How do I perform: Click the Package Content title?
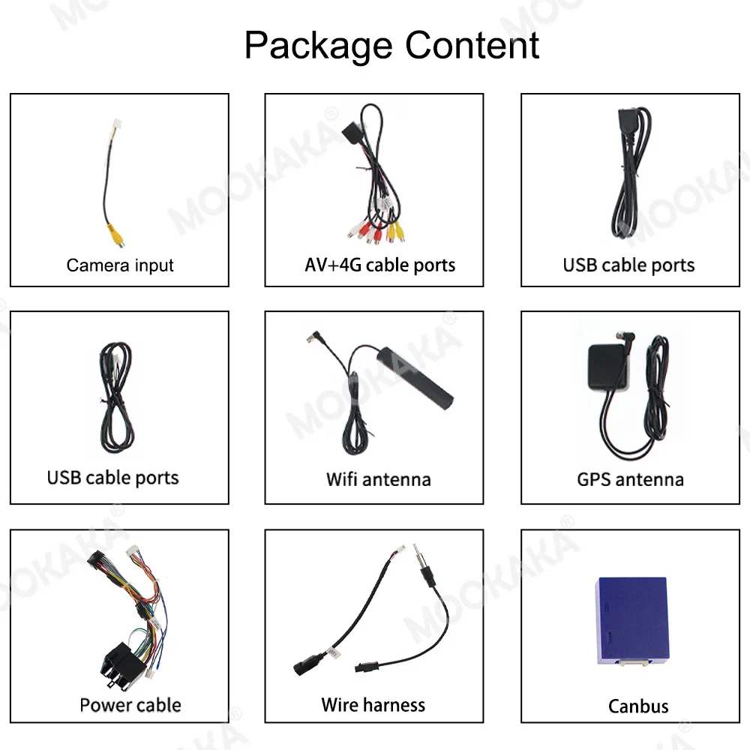pyautogui.click(x=391, y=45)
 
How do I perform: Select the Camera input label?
pyautogui.click(x=120, y=265)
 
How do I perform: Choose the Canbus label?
pyautogui.click(x=638, y=706)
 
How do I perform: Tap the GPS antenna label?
pyautogui.click(x=630, y=478)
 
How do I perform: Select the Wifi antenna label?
pyautogui.click(x=378, y=478)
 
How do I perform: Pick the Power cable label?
pyautogui.click(x=130, y=705)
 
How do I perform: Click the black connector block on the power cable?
pyautogui.click(x=122, y=661)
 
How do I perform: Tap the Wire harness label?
pyautogui.click(x=373, y=705)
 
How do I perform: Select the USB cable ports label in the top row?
pyautogui.click(x=628, y=265)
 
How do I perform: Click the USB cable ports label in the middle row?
pyautogui.click(x=113, y=478)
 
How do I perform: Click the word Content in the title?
pyautogui.click(x=472, y=45)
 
